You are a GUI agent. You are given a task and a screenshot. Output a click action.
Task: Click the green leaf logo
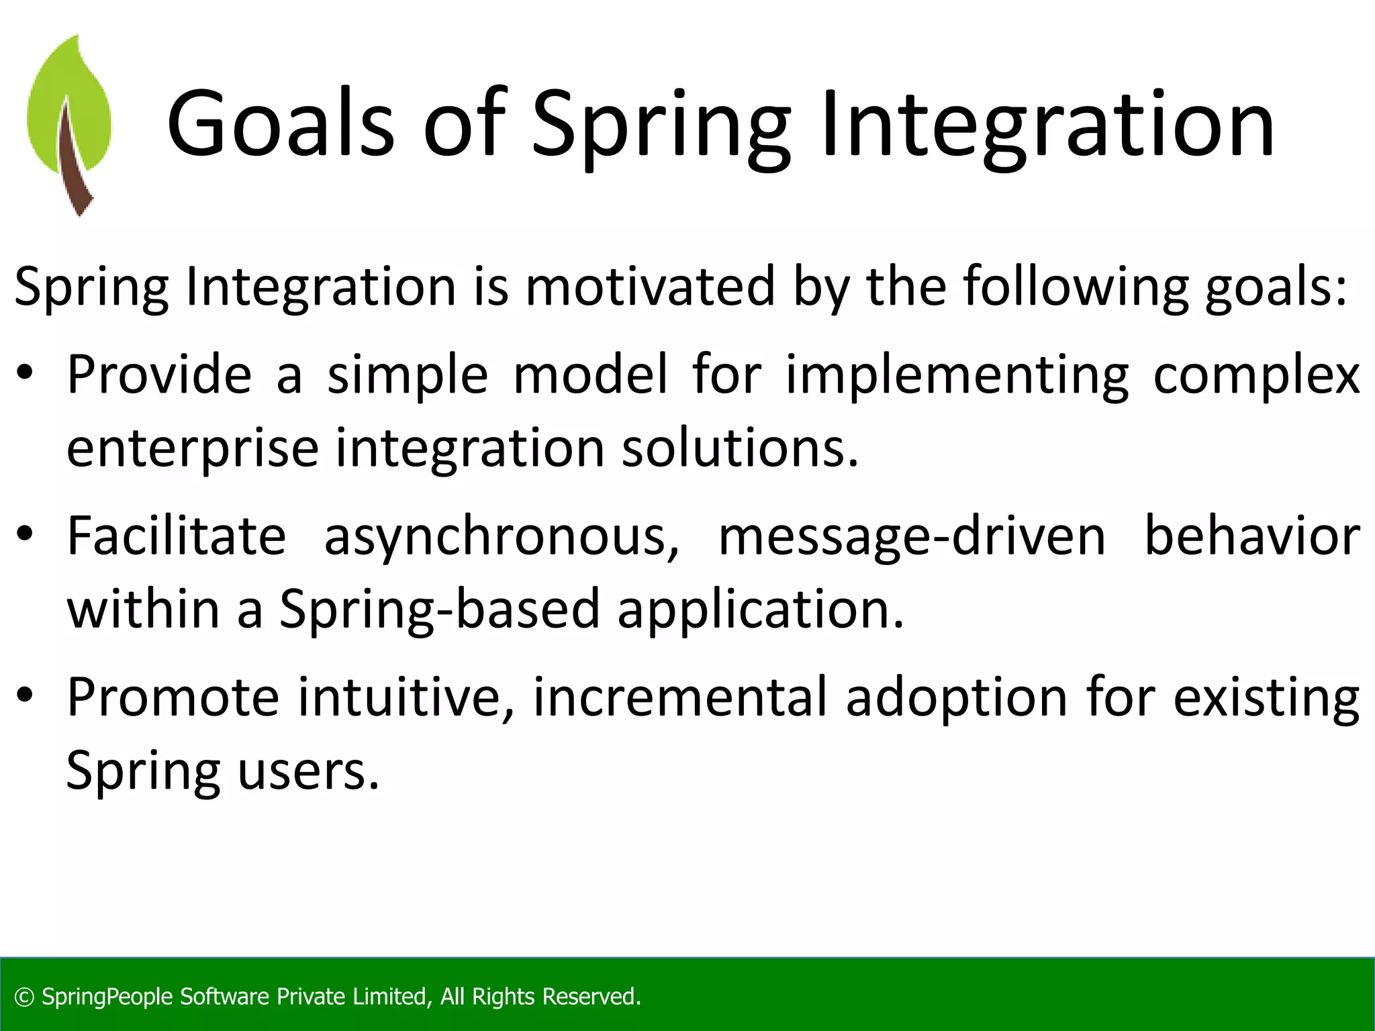[68, 124]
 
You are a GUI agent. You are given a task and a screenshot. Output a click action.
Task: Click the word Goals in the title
[279, 124]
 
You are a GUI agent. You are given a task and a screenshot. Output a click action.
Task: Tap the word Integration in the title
[1047, 124]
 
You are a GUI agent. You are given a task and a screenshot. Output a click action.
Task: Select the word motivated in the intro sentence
[650, 287]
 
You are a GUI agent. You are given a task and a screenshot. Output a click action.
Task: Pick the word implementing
[957, 374]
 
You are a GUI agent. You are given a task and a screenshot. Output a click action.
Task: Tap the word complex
[1256, 374]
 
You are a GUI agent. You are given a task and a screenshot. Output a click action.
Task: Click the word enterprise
[192, 448]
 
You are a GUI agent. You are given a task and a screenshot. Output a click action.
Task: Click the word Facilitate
[177, 536]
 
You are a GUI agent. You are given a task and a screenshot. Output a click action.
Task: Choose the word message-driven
[912, 536]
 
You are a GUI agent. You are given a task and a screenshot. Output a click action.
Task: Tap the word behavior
[1252, 536]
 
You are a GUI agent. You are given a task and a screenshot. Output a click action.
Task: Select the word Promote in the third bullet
[173, 697]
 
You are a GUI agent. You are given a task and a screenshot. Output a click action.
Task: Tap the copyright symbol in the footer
[24, 997]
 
